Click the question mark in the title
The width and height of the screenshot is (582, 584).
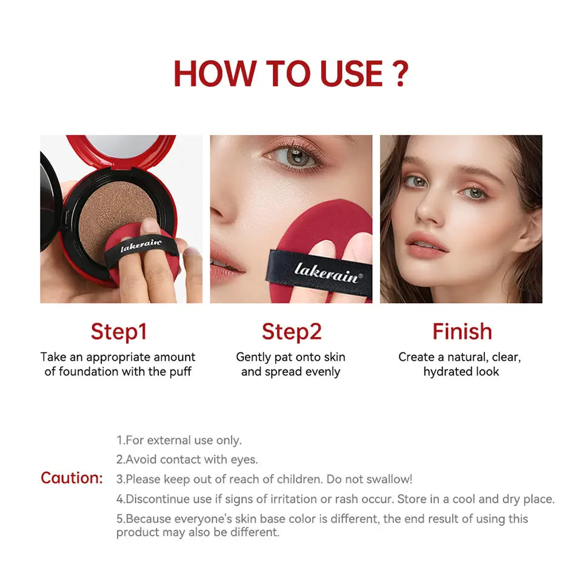[399, 74]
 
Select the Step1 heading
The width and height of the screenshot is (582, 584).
[119, 332]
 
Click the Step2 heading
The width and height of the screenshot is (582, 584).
[292, 332]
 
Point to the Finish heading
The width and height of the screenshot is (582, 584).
[462, 332]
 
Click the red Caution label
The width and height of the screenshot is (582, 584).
[72, 478]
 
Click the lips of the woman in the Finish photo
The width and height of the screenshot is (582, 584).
[427, 246]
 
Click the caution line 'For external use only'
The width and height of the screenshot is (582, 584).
[179, 440]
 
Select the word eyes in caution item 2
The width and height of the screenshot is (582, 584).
[244, 460]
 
